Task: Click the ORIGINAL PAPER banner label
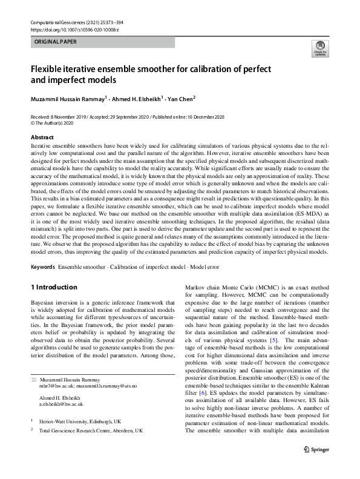tap(56, 42)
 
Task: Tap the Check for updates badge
tap(318, 48)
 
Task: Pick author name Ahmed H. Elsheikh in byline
tap(151, 99)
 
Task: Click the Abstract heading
tap(42, 137)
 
